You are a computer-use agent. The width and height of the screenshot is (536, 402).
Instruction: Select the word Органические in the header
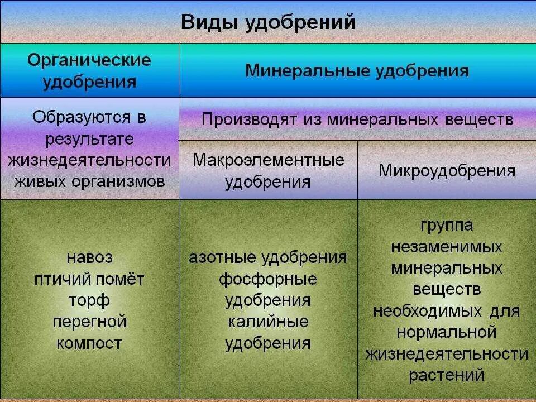tap(89, 60)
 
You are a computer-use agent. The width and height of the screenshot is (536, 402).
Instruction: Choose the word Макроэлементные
tap(268, 160)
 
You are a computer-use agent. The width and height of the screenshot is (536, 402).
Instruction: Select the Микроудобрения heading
tap(447, 170)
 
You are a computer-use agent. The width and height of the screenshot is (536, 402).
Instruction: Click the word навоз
tap(89, 258)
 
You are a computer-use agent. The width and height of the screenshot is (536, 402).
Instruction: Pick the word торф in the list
tap(89, 300)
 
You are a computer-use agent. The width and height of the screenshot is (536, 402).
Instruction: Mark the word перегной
tap(89, 322)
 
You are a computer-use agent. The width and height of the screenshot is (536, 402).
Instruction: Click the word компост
tap(89, 343)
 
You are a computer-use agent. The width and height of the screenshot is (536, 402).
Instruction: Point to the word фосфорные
tap(268, 279)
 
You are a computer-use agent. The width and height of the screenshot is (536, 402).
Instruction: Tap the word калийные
tap(268, 322)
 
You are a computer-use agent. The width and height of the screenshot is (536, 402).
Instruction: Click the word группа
tap(447, 226)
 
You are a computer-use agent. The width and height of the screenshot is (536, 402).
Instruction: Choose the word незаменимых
tap(447, 247)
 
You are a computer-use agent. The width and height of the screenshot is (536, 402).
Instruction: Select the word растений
tap(447, 375)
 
